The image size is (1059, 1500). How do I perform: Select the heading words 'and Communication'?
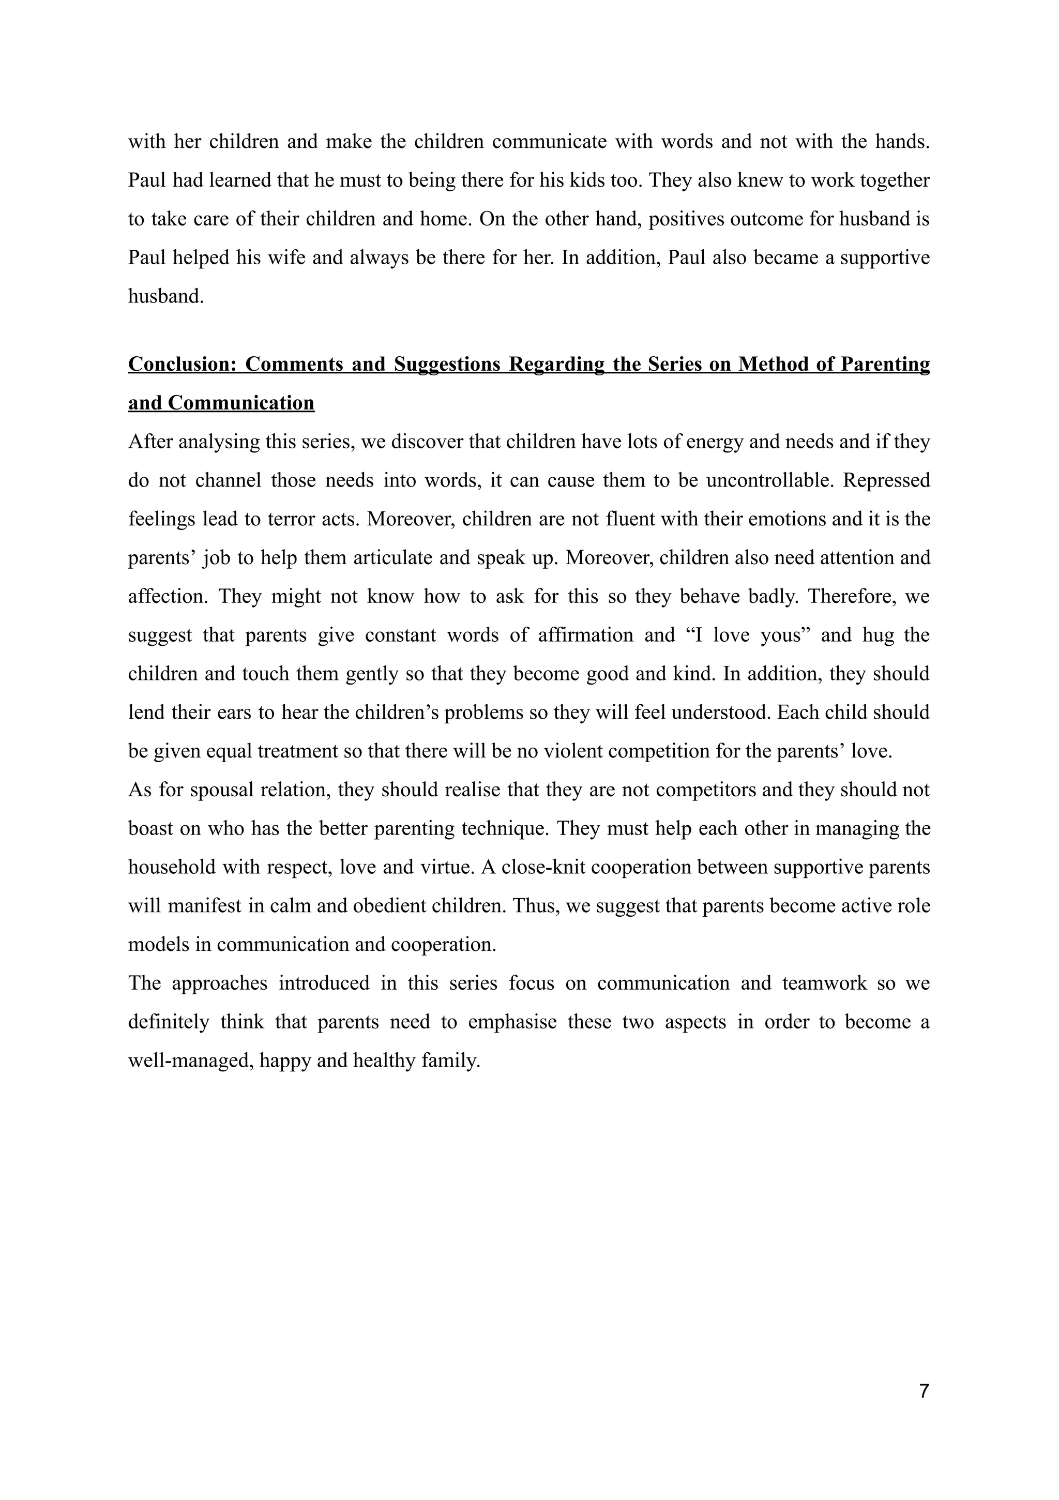tap(221, 403)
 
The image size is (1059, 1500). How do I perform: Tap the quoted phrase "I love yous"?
tap(746, 635)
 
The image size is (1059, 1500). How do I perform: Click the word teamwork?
tap(824, 983)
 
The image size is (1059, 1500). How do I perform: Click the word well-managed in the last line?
tap(190, 1060)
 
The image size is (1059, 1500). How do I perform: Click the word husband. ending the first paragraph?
tap(166, 297)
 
